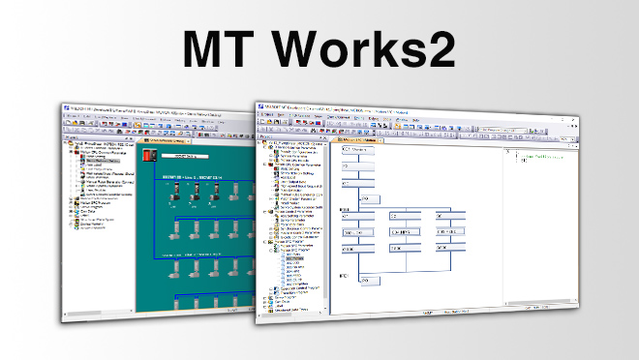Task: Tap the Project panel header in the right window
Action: click(290, 142)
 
